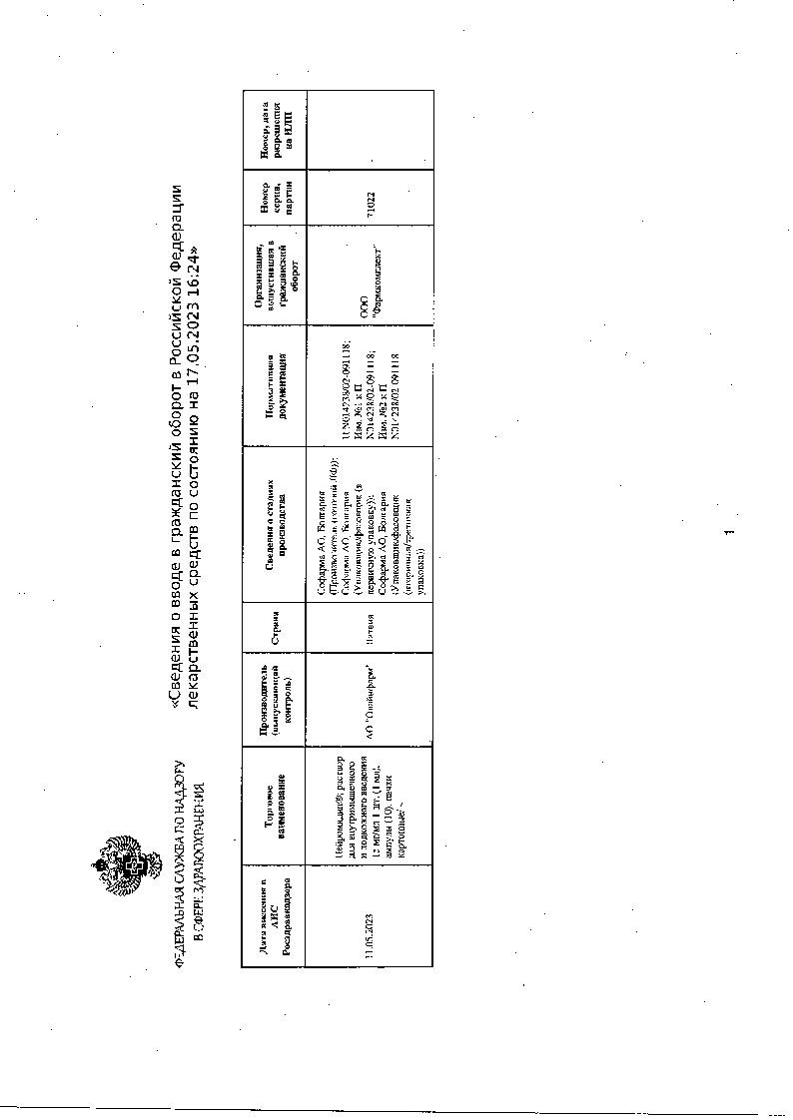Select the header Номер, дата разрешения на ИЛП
[273, 129]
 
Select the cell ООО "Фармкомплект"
[371, 281]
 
